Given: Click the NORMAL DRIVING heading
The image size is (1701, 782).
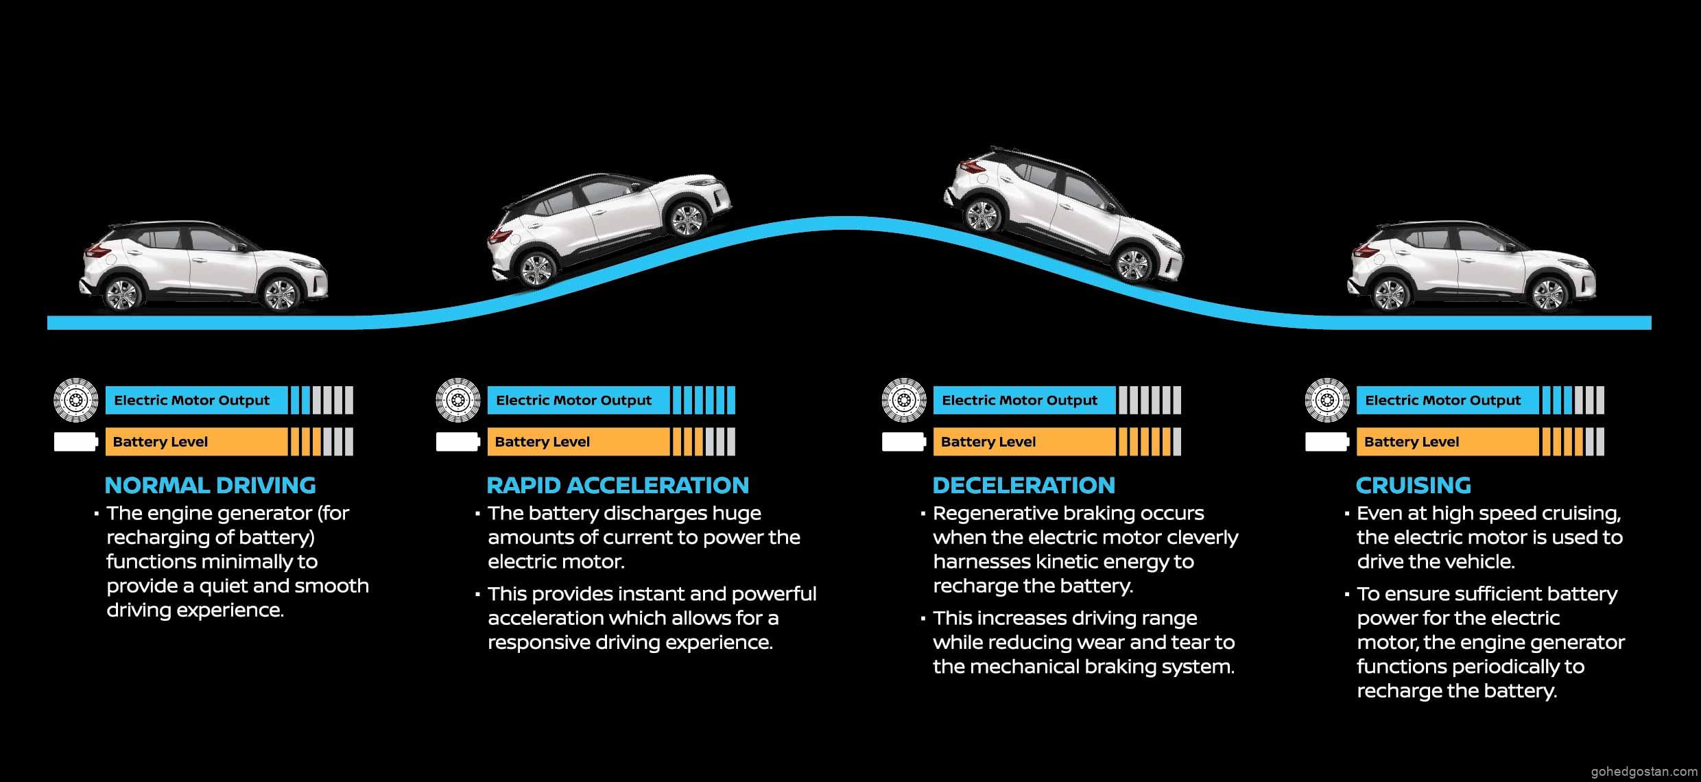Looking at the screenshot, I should (x=210, y=486).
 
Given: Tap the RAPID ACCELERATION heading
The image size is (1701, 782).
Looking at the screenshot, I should (x=617, y=486).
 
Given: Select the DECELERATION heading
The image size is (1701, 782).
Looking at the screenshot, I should (x=1023, y=486).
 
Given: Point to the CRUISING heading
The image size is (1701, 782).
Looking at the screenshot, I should (x=1413, y=486).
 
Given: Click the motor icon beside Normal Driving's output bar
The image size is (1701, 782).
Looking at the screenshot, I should (x=75, y=399).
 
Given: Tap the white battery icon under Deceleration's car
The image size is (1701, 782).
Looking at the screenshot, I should (x=903, y=442).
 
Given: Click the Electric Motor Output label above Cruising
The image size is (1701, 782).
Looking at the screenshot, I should (x=1442, y=401).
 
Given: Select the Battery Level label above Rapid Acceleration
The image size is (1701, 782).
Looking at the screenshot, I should (x=542, y=442).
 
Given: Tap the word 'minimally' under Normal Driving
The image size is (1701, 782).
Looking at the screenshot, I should (x=250, y=562).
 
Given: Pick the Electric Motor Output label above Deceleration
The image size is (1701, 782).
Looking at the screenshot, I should (x=1019, y=401).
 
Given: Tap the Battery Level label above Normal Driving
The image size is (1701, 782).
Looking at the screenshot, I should (x=160, y=442).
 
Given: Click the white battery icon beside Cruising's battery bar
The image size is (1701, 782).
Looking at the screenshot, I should (x=1327, y=442).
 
